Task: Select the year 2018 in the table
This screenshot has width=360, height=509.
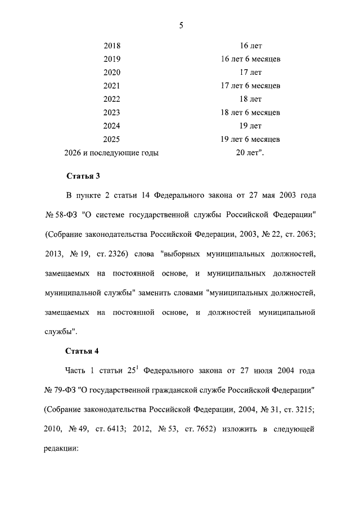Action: (112, 46)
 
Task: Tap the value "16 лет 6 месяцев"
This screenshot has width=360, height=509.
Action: (250, 59)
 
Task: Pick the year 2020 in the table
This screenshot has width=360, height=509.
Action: (112, 73)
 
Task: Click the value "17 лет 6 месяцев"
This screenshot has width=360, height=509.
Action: (250, 86)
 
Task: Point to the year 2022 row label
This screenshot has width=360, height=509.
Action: (112, 100)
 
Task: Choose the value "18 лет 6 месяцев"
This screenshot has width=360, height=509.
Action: (250, 112)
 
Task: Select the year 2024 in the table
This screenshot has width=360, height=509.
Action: (112, 126)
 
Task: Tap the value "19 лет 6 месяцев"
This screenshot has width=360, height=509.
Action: (250, 139)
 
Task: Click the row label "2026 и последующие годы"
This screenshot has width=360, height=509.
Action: (112, 152)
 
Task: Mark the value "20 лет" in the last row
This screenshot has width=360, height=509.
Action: (249, 152)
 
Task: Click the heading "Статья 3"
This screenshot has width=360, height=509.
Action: (83, 176)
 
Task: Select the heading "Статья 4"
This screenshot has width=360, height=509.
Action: (83, 352)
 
